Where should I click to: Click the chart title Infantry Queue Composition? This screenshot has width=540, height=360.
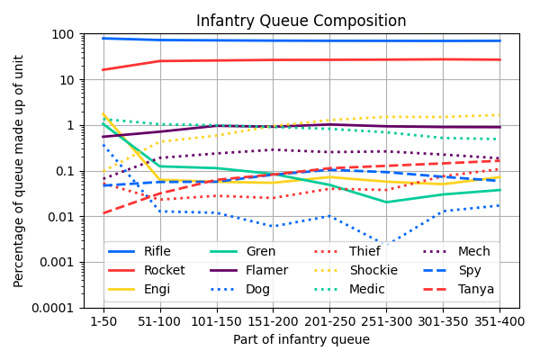[301, 21]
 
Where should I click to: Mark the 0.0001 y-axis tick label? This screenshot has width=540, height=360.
[53, 308]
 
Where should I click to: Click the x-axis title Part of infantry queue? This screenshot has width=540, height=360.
[301, 339]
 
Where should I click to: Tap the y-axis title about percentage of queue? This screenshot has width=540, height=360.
[19, 171]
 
